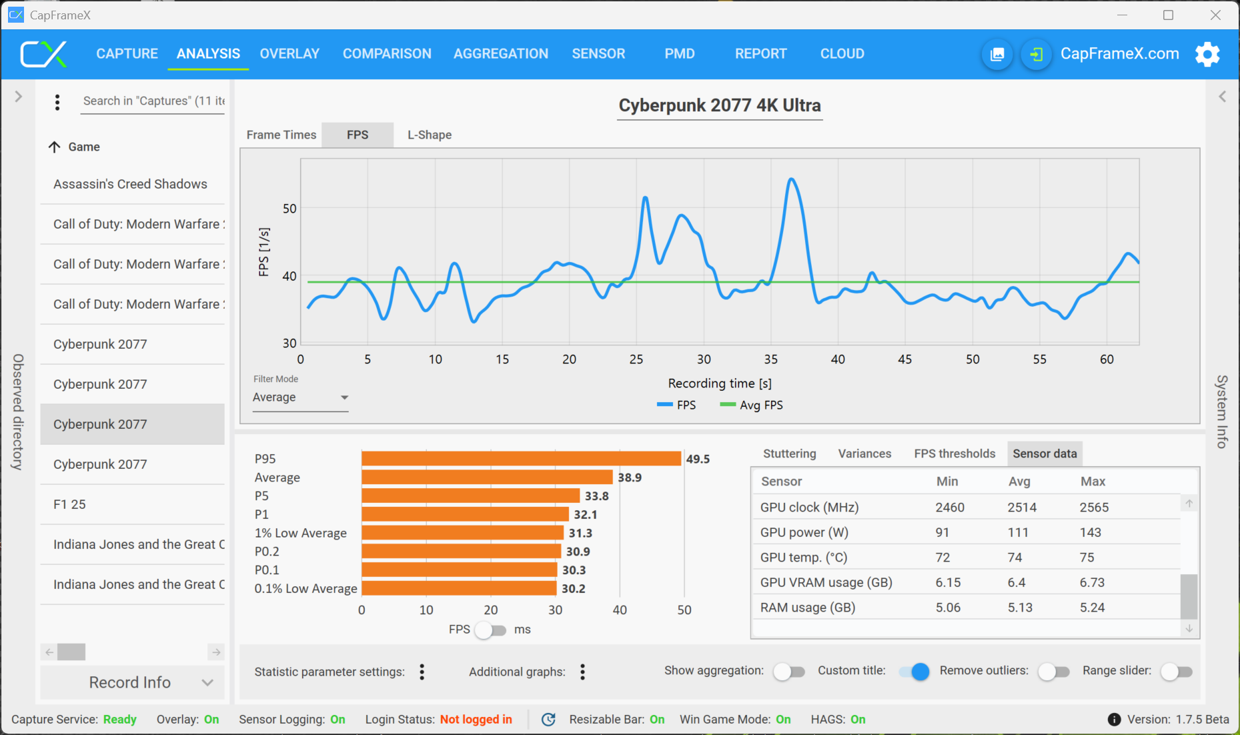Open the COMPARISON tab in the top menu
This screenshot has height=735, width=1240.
(387, 53)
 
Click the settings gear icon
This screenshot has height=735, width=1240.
(1207, 54)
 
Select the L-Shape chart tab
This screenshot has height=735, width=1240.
(430, 135)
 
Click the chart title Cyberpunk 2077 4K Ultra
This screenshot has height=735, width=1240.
(719, 105)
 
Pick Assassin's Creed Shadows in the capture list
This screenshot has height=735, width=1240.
(130, 184)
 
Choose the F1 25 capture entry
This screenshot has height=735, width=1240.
(69, 504)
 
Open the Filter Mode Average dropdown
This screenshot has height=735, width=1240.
(300, 398)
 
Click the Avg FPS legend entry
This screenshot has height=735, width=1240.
(752, 405)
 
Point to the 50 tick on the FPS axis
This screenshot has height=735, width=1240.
(289, 209)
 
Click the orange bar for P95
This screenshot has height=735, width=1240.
(521, 459)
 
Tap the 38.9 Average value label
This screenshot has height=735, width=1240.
(630, 478)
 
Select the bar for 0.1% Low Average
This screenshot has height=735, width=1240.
(459, 588)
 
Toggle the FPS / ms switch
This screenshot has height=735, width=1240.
(491, 630)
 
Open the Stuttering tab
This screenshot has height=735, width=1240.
(789, 454)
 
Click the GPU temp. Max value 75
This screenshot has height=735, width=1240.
(1087, 558)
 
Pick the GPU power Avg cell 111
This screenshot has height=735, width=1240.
(1018, 532)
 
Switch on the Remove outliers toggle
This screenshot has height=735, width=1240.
(1053, 671)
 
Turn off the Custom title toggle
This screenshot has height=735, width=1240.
(914, 671)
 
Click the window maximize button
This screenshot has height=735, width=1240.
(1168, 15)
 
